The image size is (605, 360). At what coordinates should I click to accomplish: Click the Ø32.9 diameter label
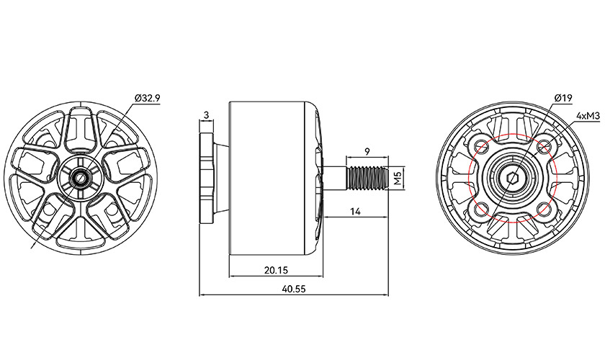146,97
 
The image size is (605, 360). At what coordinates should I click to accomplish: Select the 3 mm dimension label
207,115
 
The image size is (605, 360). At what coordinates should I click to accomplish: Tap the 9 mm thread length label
367,151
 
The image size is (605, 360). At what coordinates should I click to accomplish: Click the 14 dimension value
355,210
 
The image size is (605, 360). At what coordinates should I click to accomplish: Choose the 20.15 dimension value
276,270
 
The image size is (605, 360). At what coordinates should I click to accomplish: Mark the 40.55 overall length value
294,288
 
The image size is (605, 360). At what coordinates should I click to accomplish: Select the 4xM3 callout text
588,115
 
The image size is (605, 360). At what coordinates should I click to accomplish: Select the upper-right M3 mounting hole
544,147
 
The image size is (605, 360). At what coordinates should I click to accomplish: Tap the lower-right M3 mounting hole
544,210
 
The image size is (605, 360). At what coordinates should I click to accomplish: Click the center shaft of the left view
81,176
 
